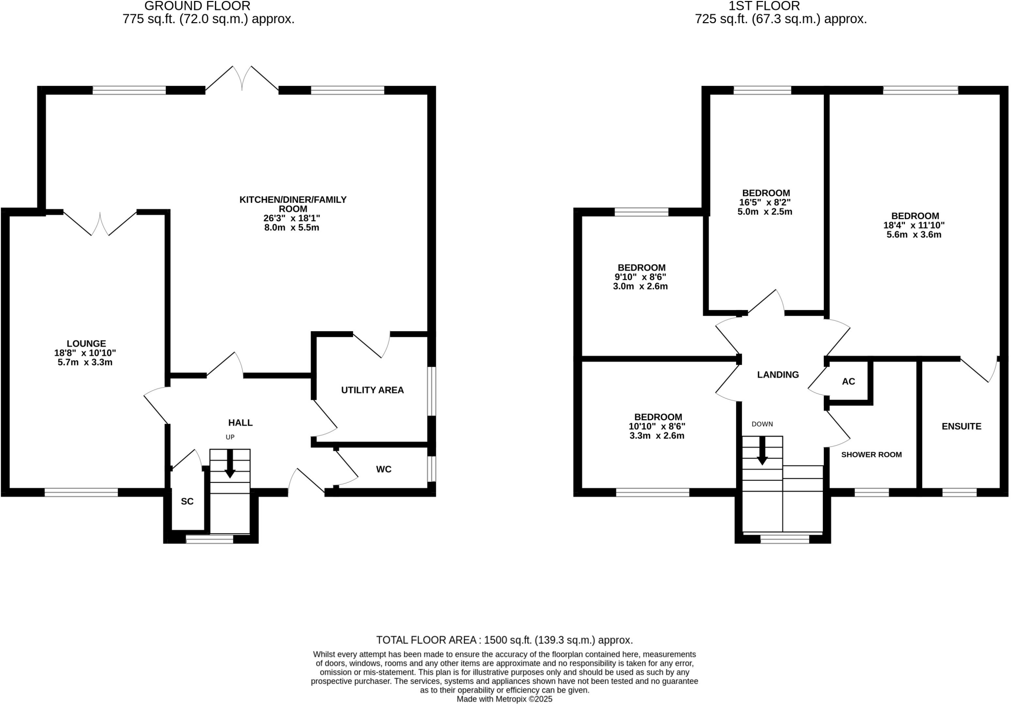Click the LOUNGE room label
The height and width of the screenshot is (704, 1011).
click(x=86, y=344)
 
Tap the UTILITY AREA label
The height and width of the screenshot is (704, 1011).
click(x=372, y=390)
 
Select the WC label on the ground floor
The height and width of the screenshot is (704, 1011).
click(x=384, y=469)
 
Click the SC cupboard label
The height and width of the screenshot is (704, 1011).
click(x=187, y=502)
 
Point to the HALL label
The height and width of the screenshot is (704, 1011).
click(x=240, y=423)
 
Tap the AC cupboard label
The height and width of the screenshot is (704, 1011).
click(x=849, y=382)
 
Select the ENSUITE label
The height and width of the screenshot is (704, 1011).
click(x=961, y=427)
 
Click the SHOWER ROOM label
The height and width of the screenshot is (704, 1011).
click(x=871, y=455)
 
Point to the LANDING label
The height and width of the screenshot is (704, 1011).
click(x=778, y=375)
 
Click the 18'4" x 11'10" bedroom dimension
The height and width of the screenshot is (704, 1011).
click(x=914, y=225)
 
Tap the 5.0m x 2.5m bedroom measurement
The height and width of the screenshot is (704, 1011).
click(x=765, y=212)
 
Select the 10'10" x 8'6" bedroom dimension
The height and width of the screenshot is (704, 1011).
click(x=657, y=426)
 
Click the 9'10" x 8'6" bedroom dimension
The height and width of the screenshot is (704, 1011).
click(x=640, y=277)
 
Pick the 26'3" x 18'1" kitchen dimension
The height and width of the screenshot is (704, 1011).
click(x=292, y=218)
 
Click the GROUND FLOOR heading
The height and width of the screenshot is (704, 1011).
click(x=197, y=6)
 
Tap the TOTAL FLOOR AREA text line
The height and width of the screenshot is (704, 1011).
click(x=504, y=640)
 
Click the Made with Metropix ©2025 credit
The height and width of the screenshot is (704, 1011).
click(x=504, y=699)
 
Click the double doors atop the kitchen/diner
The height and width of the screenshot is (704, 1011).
click(x=242, y=79)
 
